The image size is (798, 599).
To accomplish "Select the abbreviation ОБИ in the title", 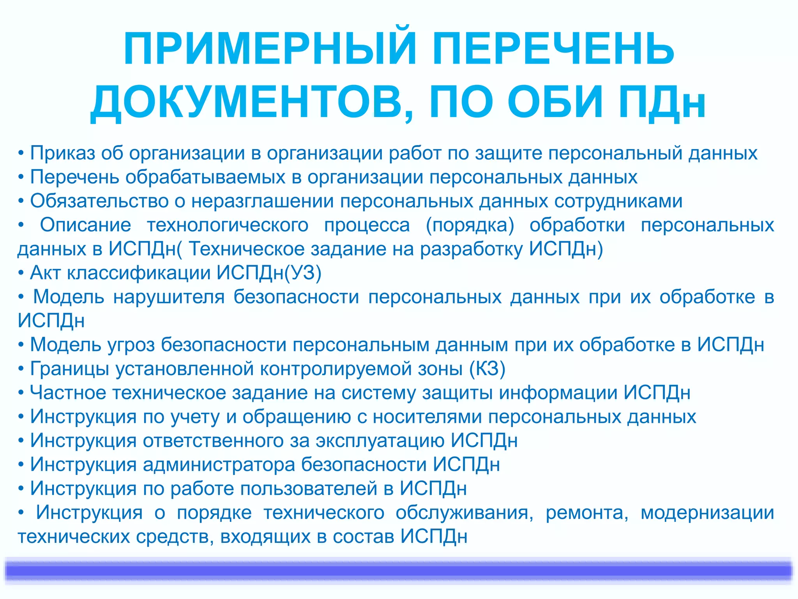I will tap(555, 102).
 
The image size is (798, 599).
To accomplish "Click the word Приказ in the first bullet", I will tap(62, 153).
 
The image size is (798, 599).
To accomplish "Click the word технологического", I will tap(228, 225).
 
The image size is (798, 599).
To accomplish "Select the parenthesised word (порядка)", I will tap(470, 225).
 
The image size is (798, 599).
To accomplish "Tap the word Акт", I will tap(45, 273).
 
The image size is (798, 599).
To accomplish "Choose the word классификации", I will tap(139, 273).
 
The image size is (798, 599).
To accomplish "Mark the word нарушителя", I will tap(169, 297).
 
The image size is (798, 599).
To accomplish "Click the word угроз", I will tap(131, 345).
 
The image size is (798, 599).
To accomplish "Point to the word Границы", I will tap(70, 369).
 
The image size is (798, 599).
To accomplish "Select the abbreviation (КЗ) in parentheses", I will tap(487, 369).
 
